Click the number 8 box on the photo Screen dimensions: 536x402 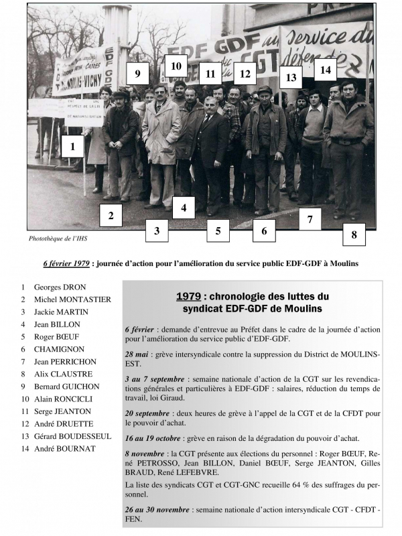354,235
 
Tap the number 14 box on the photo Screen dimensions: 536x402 326,69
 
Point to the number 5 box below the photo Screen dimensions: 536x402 218,230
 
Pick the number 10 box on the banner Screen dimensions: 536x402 176,66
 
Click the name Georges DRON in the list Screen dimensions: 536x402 60,287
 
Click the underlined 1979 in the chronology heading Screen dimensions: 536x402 190,295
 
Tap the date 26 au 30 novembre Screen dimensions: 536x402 157,510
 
